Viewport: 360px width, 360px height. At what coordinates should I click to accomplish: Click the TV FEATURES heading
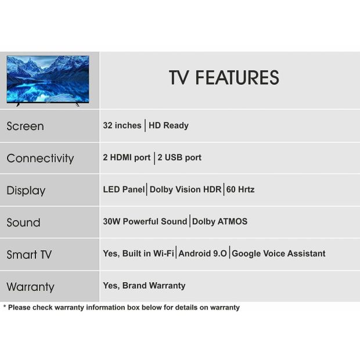tap(224, 78)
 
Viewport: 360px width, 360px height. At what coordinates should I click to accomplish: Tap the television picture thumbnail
tap(48, 81)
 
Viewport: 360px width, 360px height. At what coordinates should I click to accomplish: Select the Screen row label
tap(25, 126)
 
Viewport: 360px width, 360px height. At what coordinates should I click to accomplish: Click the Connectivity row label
tap(40, 159)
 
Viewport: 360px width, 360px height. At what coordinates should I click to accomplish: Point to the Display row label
tap(26, 190)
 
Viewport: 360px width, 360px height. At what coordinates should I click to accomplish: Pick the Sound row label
tap(23, 222)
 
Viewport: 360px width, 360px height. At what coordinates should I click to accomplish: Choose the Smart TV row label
tap(29, 255)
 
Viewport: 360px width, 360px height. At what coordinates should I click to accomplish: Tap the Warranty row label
tap(30, 287)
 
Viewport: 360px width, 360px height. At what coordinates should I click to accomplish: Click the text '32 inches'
tap(122, 125)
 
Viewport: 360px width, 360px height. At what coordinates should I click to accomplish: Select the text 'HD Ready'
tap(168, 125)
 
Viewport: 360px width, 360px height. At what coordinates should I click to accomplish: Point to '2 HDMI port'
tap(127, 157)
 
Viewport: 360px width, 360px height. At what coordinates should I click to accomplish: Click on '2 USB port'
tap(179, 157)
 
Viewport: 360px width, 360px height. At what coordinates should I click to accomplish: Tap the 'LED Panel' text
tap(124, 189)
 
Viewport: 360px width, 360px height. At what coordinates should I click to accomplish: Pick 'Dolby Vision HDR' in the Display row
tap(185, 189)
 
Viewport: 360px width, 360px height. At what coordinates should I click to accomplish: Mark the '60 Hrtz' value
tap(240, 189)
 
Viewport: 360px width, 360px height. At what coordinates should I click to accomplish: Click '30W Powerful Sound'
tap(145, 222)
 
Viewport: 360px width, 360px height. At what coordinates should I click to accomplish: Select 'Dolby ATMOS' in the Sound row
tap(219, 222)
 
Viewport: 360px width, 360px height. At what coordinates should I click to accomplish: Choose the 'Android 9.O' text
tap(203, 254)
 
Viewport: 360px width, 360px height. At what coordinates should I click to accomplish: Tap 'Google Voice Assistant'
tap(279, 254)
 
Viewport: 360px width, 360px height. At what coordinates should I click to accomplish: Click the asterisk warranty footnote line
tap(121, 307)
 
